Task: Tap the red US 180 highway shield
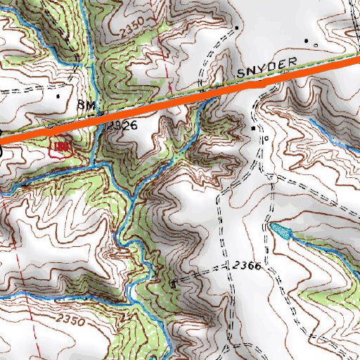click(58, 146)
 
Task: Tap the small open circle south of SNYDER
click(266, 139)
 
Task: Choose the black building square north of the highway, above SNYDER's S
click(237, 27)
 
